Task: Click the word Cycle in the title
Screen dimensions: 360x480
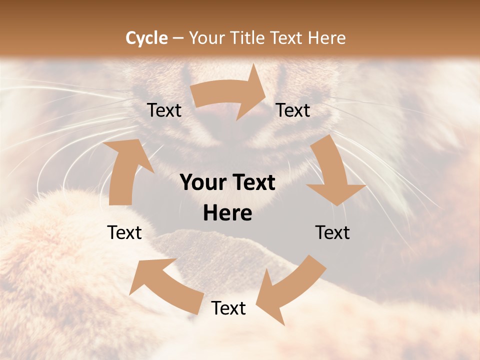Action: coord(146,38)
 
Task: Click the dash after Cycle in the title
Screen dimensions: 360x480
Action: coord(178,38)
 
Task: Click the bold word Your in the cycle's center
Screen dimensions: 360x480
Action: coord(202,183)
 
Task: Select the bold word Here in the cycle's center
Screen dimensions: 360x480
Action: coord(227,213)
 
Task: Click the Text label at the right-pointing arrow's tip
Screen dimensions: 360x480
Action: coord(293,110)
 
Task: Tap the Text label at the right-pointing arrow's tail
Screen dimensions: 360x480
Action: coord(164,110)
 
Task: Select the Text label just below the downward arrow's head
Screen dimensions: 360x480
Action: coord(332,233)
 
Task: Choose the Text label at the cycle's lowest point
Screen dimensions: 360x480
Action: coord(228,308)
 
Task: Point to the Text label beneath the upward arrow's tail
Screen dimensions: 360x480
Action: coord(124,233)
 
